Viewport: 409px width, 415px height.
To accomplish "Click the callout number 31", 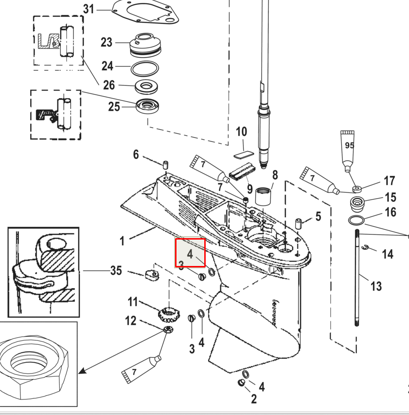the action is [88, 9].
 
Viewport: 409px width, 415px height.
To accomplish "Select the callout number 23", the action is [106, 42].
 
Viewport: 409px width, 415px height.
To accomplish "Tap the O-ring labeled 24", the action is [145, 68].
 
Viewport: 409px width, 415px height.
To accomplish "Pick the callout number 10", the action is [241, 132].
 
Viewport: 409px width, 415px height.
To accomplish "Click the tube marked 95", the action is [348, 151].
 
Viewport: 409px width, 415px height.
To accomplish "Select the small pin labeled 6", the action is [166, 165].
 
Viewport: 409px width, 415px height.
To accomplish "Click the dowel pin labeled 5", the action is [298, 224].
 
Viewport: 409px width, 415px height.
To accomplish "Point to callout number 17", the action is [389, 181].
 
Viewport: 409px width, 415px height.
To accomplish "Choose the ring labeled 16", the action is [356, 220].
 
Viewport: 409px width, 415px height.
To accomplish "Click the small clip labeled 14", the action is [365, 247].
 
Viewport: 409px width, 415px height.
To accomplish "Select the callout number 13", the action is [376, 286].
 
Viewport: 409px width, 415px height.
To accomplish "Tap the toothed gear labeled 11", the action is [169, 315].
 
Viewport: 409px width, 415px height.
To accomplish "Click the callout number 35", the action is [116, 271].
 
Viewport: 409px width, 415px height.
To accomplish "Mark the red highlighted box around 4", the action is [190, 253].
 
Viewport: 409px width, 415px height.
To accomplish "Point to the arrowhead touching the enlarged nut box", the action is [82, 371].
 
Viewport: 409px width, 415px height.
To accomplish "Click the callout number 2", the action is [254, 399].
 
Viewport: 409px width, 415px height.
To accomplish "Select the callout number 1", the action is [122, 241].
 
